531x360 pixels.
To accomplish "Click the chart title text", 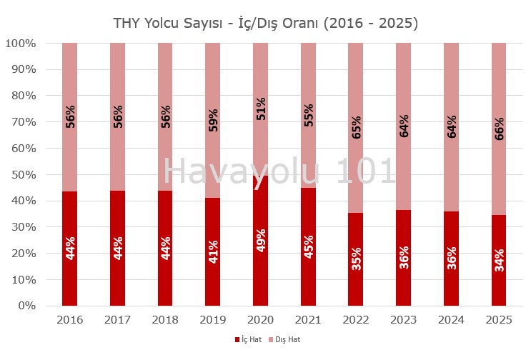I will click(x=265, y=23).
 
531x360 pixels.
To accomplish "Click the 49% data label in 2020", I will click(x=261, y=243).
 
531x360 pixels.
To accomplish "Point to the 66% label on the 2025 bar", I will click(x=500, y=129).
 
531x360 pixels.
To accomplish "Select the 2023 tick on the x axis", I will click(x=403, y=320).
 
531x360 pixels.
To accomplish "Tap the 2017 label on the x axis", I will click(x=117, y=320).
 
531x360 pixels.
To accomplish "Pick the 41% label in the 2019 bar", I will click(x=213, y=247).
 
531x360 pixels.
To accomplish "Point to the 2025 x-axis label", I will click(x=499, y=320).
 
